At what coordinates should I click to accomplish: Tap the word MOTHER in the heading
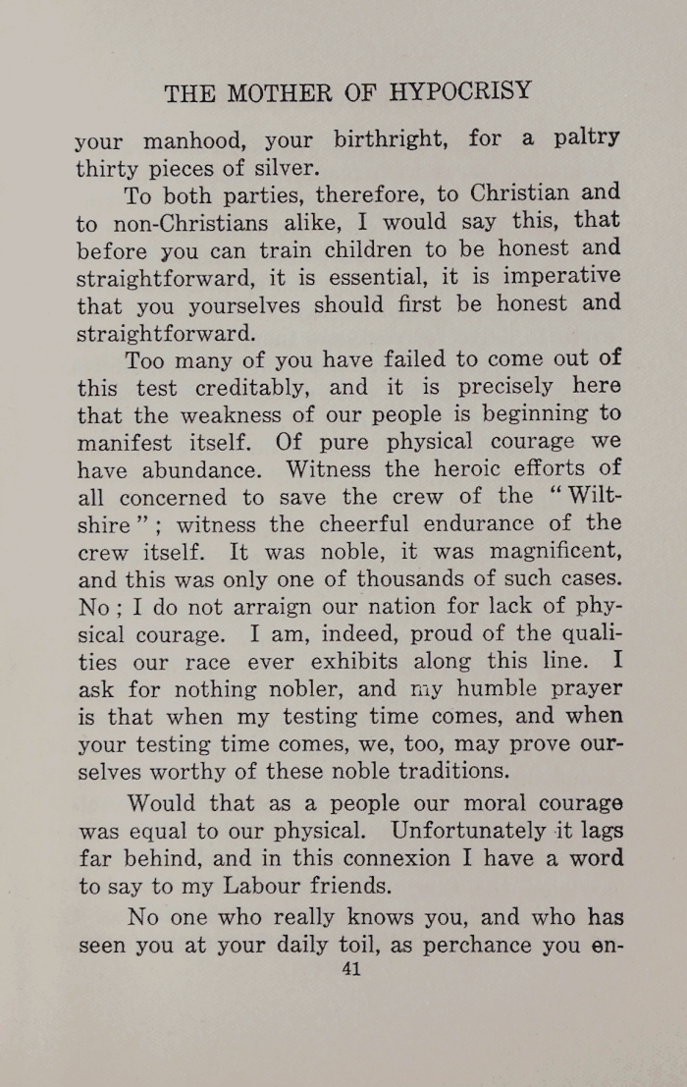point(279,93)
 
